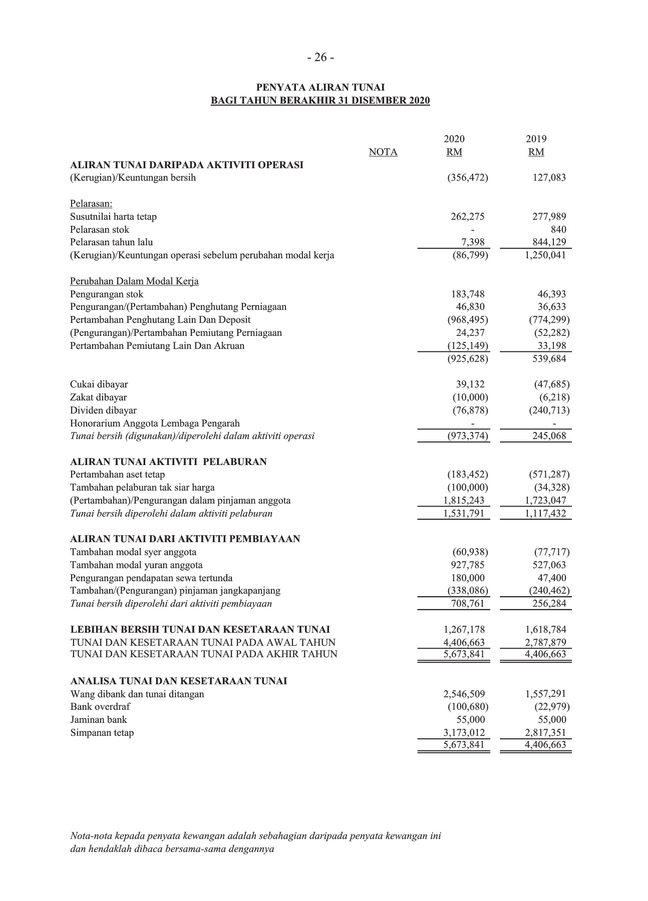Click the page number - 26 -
click(320, 58)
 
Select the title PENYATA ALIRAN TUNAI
click(320, 88)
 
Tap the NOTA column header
click(383, 152)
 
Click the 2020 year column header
click(454, 139)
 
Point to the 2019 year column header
click(536, 139)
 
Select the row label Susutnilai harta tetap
click(113, 217)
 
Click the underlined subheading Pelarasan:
click(91, 204)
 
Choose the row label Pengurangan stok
click(107, 294)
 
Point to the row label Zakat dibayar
click(98, 397)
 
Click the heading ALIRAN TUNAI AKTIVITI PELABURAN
click(168, 462)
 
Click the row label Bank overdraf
click(100, 707)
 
